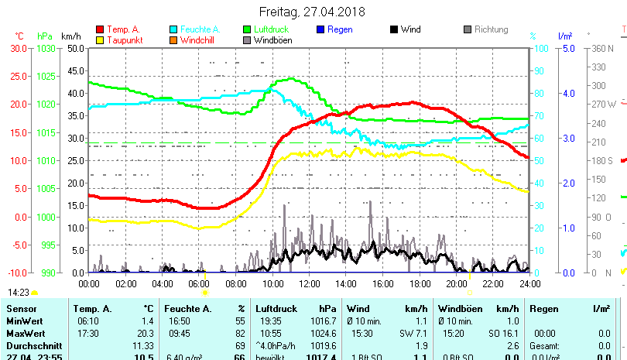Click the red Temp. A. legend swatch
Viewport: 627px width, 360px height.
(100, 29)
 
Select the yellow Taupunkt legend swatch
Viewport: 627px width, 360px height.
(100, 39)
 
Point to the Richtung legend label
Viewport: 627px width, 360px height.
(491, 29)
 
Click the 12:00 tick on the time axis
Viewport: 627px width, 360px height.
(309, 284)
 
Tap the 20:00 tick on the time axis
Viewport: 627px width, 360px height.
(456, 284)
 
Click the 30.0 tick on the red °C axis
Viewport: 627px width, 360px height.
(19, 48)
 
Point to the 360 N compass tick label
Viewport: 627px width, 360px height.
(603, 48)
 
